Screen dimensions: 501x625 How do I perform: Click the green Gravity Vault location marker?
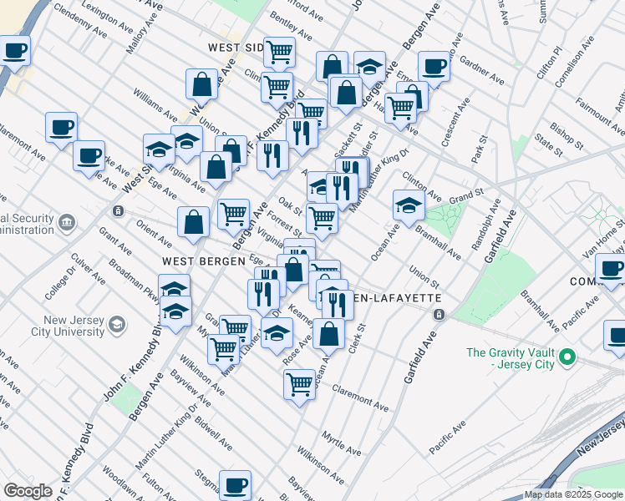click(x=568, y=357)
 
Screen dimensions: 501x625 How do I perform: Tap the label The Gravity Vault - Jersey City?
click(x=509, y=358)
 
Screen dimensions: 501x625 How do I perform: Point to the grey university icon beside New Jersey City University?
click(x=118, y=325)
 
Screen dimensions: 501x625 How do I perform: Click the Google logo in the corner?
click(x=28, y=491)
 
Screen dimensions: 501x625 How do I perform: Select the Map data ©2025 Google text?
click(x=574, y=494)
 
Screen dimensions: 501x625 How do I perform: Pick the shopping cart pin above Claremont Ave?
click(x=299, y=385)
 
